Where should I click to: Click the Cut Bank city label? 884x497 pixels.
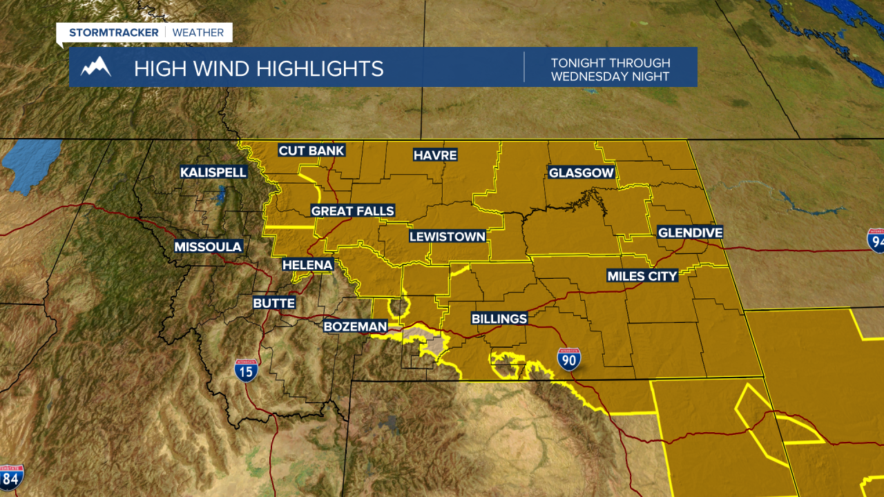point(311,151)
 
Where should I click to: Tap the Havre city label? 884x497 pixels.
point(435,155)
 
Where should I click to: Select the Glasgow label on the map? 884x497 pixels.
point(582,173)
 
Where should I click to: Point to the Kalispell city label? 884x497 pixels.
point(213,172)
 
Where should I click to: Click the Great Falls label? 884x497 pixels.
point(353,211)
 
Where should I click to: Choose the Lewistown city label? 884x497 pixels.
point(448,237)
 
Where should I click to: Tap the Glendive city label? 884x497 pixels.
point(690,233)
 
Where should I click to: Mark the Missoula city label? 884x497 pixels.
point(208,246)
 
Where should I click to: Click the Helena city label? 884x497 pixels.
point(308,264)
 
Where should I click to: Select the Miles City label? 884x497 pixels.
point(642,276)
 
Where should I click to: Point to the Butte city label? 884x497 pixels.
point(274,303)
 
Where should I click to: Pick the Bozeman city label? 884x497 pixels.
point(356,326)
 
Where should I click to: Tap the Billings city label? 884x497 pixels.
point(499,319)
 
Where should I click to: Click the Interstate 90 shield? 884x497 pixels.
point(569,360)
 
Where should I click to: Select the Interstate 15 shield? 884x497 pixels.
point(246,371)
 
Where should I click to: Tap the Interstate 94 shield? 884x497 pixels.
point(876,240)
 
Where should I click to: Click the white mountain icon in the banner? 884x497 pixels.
point(96,67)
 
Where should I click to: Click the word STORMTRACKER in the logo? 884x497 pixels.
point(113,32)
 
